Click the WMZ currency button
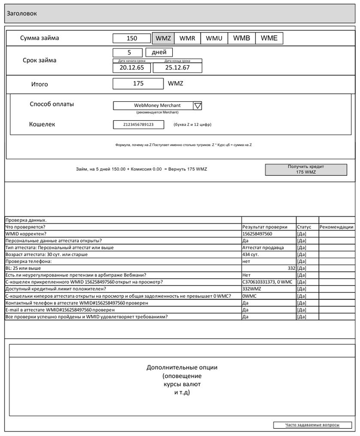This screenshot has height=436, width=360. (x=163, y=38)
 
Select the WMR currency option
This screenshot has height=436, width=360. (x=187, y=38)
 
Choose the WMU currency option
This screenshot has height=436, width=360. (x=214, y=38)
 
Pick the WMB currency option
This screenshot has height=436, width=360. (x=242, y=38)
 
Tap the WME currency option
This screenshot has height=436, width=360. (x=269, y=38)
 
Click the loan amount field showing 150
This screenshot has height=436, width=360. (x=132, y=38)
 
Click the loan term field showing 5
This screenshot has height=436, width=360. (x=129, y=52)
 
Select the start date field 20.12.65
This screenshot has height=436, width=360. (x=132, y=67)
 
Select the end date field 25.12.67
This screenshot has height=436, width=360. (x=177, y=67)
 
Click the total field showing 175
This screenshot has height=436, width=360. (x=138, y=84)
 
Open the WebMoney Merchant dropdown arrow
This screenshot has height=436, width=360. (x=198, y=105)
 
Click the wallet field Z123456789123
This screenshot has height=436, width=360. (x=138, y=124)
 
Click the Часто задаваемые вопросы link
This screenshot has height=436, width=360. (x=313, y=425)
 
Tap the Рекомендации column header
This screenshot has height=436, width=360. (x=336, y=227)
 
